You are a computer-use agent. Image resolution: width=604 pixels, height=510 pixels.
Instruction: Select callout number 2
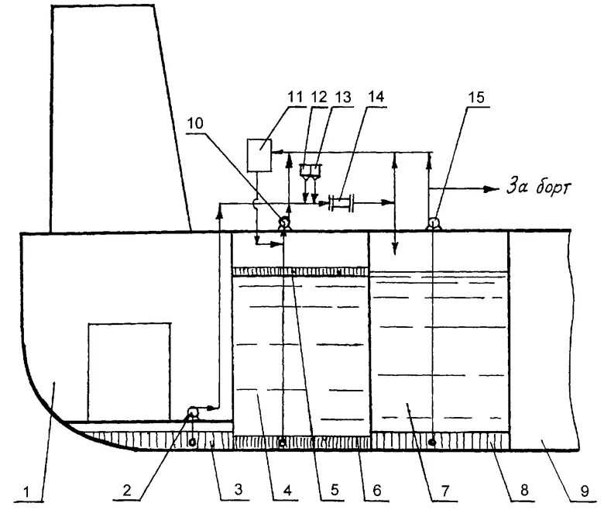pyautogui.click(x=131, y=490)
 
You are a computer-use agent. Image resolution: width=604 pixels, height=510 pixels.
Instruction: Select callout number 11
pyautogui.click(x=295, y=96)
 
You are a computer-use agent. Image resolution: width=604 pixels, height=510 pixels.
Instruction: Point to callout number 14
pyautogui.click(x=376, y=96)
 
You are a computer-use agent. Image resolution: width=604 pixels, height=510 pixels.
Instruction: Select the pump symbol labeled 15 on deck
pyautogui.click(x=433, y=223)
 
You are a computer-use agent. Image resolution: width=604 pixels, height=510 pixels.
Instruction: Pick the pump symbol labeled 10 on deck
pyautogui.click(x=284, y=223)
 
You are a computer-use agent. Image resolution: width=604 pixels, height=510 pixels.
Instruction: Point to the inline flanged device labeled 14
pyautogui.click(x=341, y=204)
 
